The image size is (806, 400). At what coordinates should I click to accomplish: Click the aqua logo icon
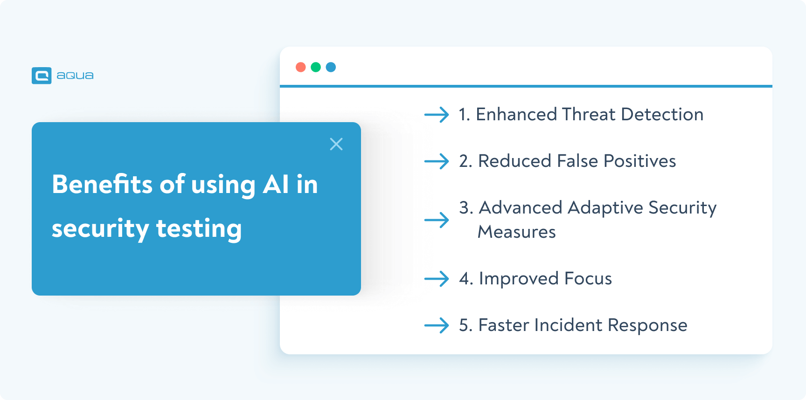point(42,76)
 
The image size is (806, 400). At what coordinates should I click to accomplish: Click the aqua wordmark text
point(75,76)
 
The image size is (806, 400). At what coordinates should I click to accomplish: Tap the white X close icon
point(336,144)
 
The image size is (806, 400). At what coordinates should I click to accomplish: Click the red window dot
point(301,67)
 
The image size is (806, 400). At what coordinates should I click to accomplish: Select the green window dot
point(316,67)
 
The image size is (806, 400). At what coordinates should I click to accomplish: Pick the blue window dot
point(331,67)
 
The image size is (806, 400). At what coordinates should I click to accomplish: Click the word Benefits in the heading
point(102,184)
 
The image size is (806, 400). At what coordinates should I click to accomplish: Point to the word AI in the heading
point(276,184)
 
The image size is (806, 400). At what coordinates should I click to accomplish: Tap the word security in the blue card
point(100,228)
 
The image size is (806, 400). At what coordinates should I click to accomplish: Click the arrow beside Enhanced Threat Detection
point(437,114)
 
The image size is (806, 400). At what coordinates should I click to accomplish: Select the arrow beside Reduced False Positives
point(437,161)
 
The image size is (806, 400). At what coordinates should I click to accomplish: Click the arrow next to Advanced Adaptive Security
point(437,220)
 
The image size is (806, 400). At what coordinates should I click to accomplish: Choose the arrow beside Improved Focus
point(437,279)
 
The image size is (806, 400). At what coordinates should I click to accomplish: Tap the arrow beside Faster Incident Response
point(437,325)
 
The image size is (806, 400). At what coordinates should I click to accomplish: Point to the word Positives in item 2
point(639,161)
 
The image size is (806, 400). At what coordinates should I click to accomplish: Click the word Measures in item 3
point(517,232)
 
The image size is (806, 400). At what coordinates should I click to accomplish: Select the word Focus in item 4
point(588,279)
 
